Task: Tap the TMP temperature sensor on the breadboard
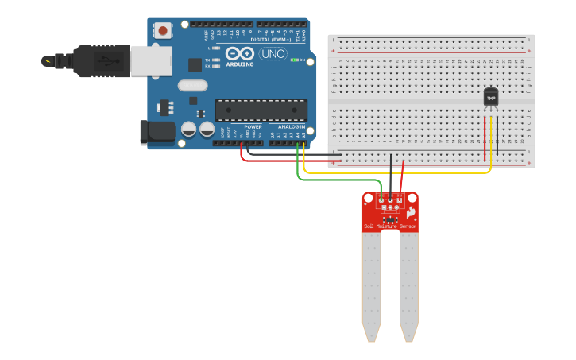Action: click(x=491, y=97)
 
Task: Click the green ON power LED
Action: click(x=294, y=60)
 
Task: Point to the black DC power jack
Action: click(x=157, y=133)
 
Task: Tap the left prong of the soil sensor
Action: click(x=371, y=286)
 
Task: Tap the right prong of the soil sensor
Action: click(x=408, y=286)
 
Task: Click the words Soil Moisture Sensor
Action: click(x=390, y=226)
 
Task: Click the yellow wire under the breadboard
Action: click(x=397, y=172)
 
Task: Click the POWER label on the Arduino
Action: click(x=253, y=127)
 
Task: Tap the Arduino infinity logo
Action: click(x=239, y=53)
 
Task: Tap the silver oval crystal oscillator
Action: click(x=192, y=85)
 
